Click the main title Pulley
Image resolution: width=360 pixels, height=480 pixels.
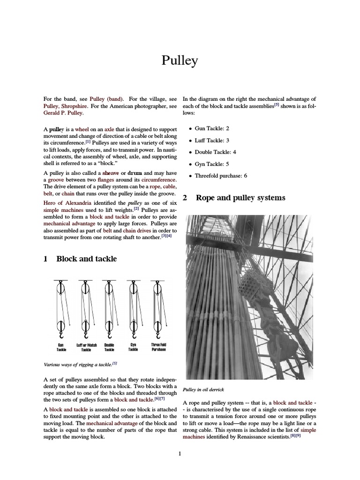point(180,61)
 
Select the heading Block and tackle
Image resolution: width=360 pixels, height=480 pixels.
point(86,259)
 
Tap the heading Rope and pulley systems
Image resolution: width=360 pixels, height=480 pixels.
point(240,198)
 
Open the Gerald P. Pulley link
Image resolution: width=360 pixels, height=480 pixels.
point(63,113)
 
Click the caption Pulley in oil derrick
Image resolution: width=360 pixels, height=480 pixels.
point(204,390)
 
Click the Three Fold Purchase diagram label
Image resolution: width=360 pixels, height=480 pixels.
point(158,347)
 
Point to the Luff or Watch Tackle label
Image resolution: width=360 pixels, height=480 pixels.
point(86,347)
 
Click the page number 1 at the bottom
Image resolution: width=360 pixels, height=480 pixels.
point(180,453)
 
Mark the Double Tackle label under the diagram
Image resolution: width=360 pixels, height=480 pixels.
point(109,347)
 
